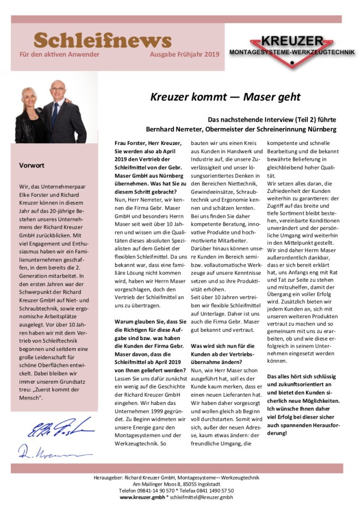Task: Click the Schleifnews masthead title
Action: [103, 40]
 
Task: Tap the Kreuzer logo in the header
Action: [292, 50]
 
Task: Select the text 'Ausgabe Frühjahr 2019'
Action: [185, 55]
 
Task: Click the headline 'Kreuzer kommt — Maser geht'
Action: [225, 97]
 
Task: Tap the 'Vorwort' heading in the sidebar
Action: [32, 165]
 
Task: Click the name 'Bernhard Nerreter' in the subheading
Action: [174, 129]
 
